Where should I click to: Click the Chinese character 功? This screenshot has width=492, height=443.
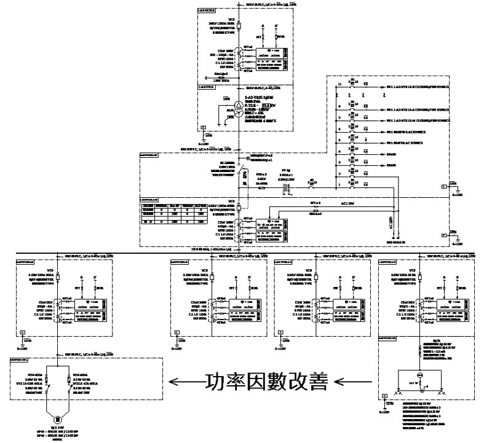point(215,383)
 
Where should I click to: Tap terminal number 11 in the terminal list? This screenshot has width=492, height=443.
point(338,84)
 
